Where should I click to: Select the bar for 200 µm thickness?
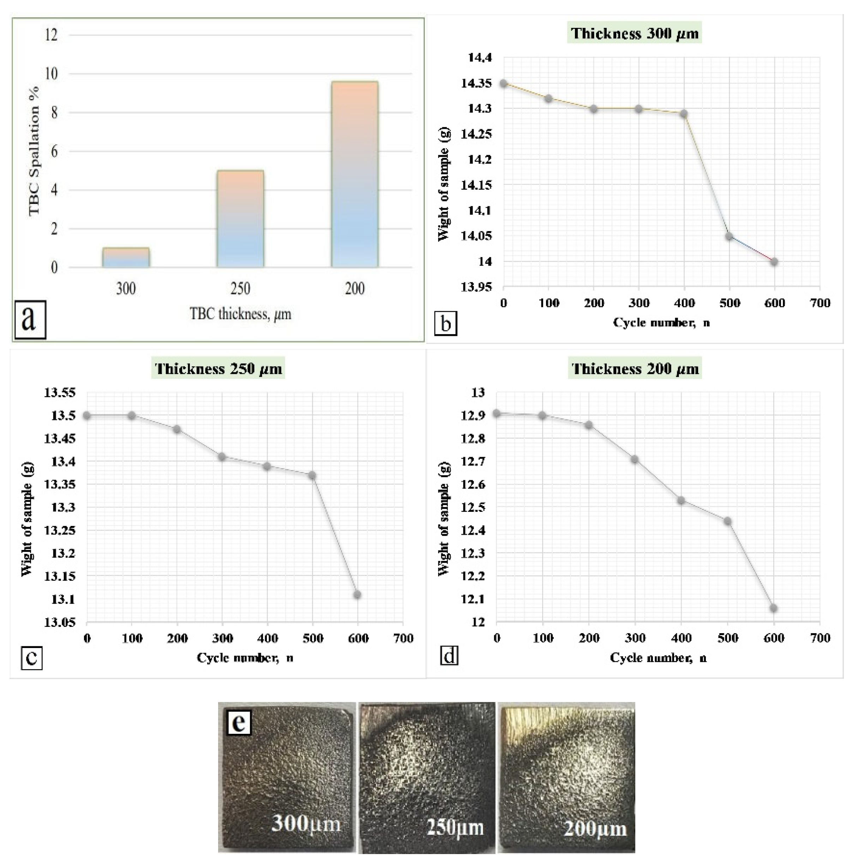[x=354, y=174]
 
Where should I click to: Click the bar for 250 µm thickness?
[x=240, y=219]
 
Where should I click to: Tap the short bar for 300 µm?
[x=126, y=258]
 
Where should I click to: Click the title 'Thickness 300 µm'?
[x=635, y=34]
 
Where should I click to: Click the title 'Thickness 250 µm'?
[x=218, y=369]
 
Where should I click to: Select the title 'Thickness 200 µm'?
[x=635, y=369]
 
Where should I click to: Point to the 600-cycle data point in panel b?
[x=774, y=262]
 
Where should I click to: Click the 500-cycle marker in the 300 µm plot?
[x=730, y=236]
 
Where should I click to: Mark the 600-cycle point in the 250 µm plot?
[x=357, y=594]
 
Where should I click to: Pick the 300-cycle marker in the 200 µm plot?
[x=634, y=459]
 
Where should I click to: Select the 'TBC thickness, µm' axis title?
[x=240, y=314]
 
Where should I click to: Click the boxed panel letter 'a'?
[x=30, y=319]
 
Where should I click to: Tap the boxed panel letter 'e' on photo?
[x=239, y=721]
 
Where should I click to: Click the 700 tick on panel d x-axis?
[x=820, y=638]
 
